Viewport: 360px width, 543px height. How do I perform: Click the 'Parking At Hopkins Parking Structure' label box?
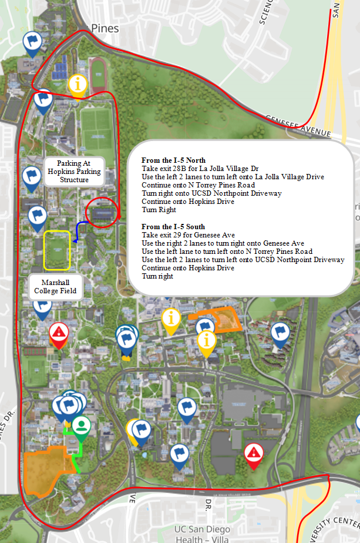(75, 172)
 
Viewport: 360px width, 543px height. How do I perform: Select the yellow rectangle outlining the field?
(57, 251)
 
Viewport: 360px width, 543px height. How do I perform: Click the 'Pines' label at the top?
(105, 28)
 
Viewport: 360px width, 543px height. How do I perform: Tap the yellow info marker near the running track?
(78, 85)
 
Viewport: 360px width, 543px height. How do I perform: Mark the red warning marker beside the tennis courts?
(59, 334)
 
